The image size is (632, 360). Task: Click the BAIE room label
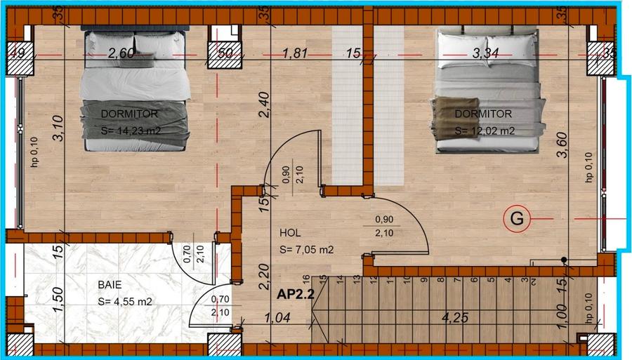(x=110, y=286)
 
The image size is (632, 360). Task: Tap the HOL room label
(x=290, y=232)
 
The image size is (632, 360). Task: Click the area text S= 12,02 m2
(x=485, y=131)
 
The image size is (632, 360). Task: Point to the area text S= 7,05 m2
(x=305, y=250)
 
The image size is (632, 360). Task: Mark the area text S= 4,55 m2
(x=124, y=302)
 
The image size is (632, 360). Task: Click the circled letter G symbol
(x=517, y=219)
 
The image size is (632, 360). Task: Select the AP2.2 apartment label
(x=294, y=295)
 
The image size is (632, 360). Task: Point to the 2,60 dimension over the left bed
(x=121, y=52)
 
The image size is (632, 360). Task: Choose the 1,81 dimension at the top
(x=295, y=52)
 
